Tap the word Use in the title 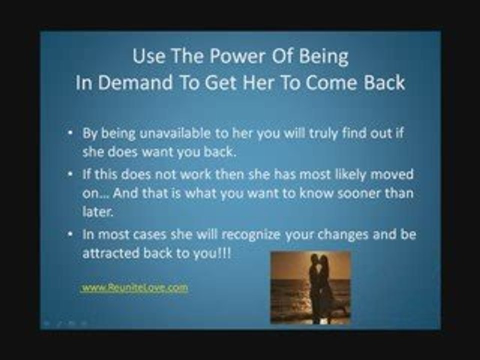[x=148, y=57]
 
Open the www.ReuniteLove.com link [x=135, y=287]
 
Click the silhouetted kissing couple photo [x=310, y=287]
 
